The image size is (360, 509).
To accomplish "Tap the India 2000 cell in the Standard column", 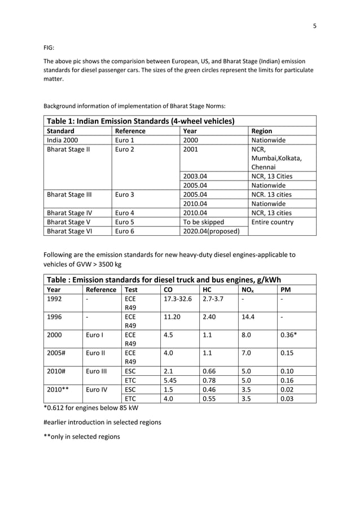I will click(63, 140).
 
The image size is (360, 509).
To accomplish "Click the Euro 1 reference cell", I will click(126, 140).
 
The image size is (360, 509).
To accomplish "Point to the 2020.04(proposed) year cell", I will click(208, 231).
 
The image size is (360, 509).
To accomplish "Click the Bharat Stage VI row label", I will click(69, 231).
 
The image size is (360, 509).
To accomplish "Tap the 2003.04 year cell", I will click(195, 176).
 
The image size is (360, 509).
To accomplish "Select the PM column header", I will click(285, 289).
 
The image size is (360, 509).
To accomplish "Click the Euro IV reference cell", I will click(99, 389).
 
